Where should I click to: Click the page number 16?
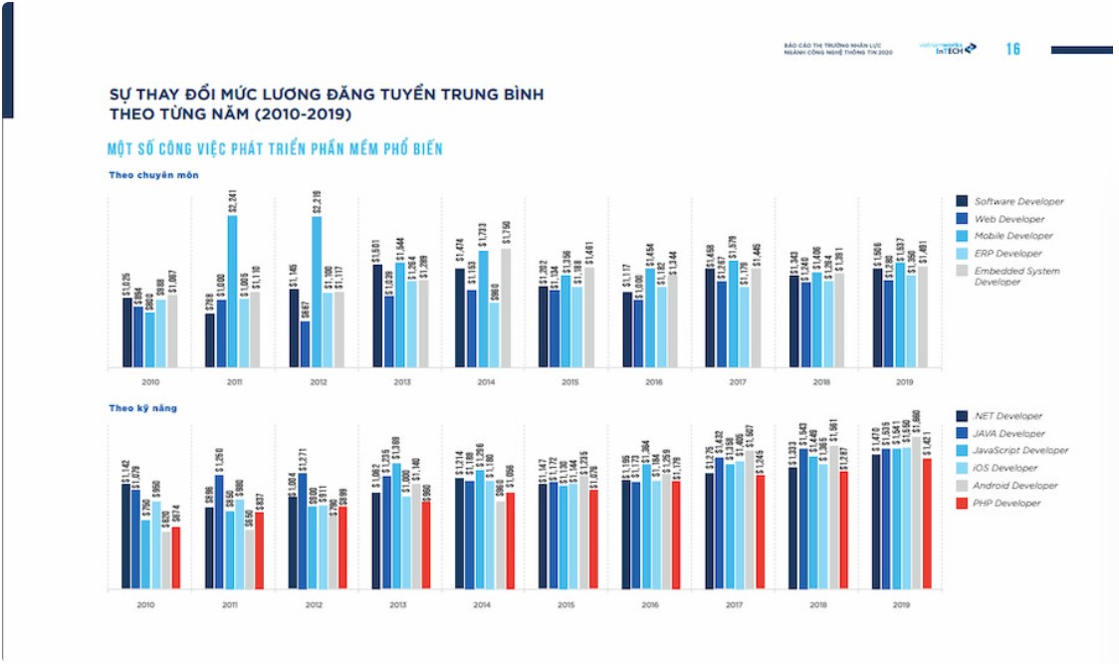1013,49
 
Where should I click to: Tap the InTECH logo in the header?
956,48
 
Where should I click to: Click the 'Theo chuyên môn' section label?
154,175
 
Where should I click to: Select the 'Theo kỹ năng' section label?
144,407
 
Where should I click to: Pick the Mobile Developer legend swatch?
962,236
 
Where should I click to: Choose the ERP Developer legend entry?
1008,253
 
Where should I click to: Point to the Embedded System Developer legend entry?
1016,276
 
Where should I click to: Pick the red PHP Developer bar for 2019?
927,523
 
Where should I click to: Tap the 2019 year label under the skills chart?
900,604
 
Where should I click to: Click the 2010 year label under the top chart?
148,381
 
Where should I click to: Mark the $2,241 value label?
232,200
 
